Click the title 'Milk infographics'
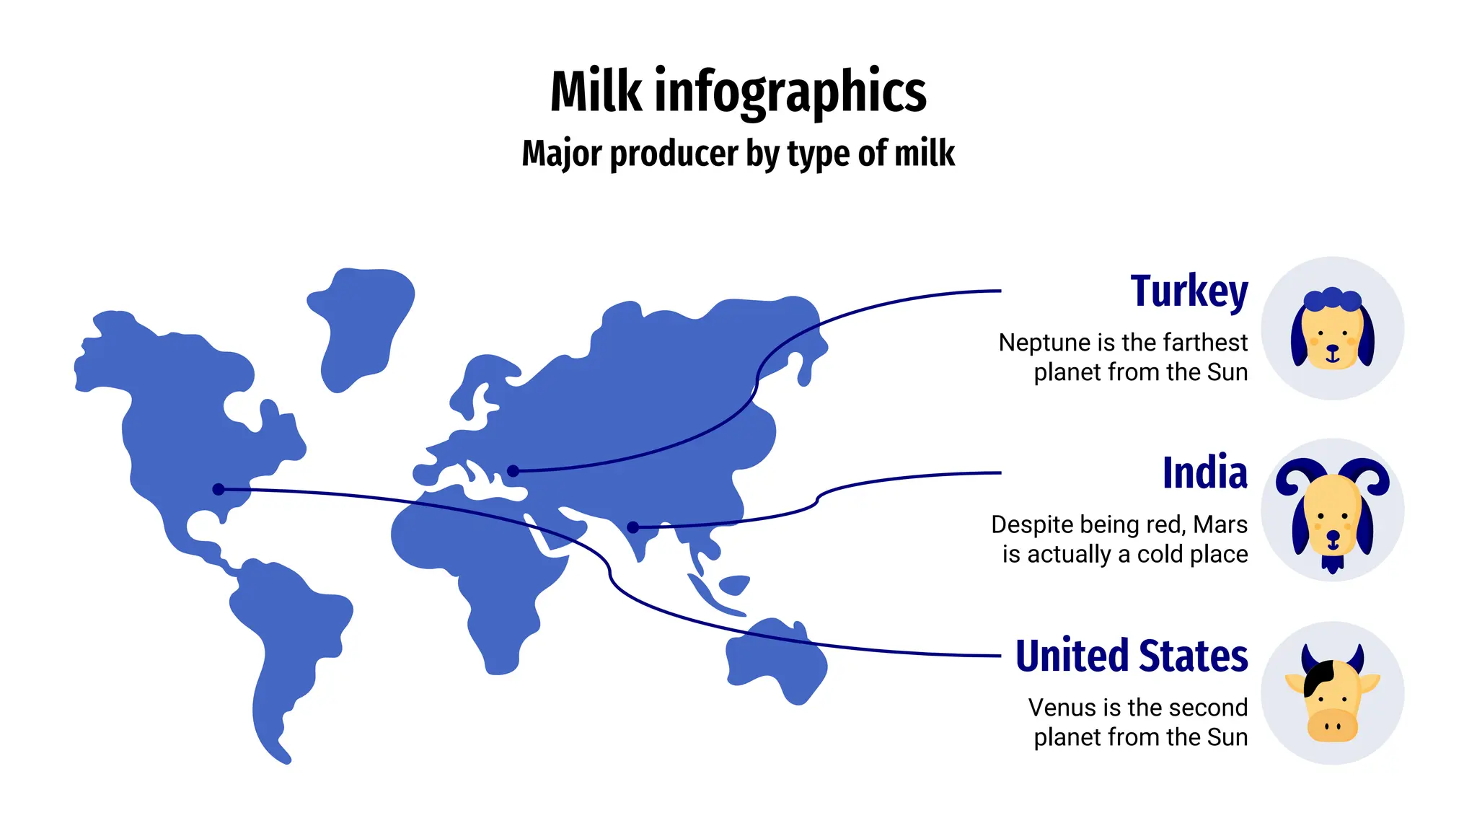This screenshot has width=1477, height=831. click(738, 92)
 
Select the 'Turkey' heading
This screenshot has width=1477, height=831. click(1189, 291)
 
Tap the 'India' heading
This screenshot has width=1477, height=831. click(1204, 473)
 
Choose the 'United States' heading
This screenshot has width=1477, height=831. click(1131, 656)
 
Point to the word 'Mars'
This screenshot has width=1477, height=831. click(1220, 524)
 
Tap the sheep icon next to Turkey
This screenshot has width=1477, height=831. click(1332, 329)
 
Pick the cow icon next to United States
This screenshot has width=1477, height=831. click(1332, 694)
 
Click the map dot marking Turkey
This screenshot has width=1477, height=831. click(513, 471)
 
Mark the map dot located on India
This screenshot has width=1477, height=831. click(632, 527)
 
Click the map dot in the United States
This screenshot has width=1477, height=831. click(219, 489)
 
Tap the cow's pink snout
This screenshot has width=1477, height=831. click(1332, 725)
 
